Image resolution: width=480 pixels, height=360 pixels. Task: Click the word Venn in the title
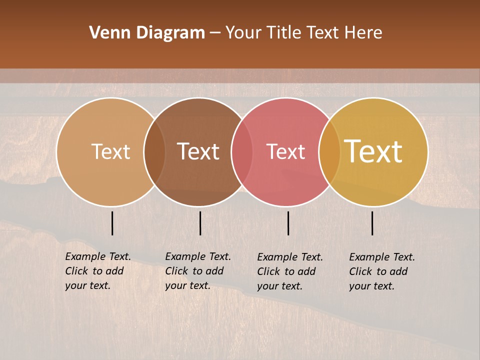pyautogui.click(x=110, y=33)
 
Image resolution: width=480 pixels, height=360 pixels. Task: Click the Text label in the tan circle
pyautogui.click(x=111, y=151)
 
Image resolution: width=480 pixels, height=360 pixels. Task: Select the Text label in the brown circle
pyautogui.click(x=198, y=151)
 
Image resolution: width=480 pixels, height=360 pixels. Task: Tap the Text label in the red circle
pyautogui.click(x=286, y=151)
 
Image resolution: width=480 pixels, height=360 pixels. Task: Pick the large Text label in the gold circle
pyautogui.click(x=373, y=151)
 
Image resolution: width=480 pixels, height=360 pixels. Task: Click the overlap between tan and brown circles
pyautogui.click(x=154, y=151)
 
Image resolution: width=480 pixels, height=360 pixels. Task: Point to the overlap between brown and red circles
pyautogui.click(x=242, y=151)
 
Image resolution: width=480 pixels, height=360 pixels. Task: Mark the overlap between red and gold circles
pyautogui.click(x=329, y=151)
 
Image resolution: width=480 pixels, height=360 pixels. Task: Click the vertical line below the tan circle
pyautogui.click(x=112, y=223)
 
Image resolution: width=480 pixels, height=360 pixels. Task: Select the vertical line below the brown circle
pyautogui.click(x=200, y=223)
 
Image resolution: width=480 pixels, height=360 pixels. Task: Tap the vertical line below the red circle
pyautogui.click(x=288, y=223)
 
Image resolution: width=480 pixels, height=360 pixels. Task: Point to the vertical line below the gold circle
pyautogui.click(x=372, y=223)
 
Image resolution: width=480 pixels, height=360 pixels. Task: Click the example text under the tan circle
pyautogui.click(x=98, y=271)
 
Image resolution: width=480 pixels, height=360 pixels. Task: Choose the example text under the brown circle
pyautogui.click(x=198, y=271)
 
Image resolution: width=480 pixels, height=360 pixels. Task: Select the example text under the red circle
pyautogui.click(x=290, y=271)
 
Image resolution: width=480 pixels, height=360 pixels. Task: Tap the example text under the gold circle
pyautogui.click(x=382, y=271)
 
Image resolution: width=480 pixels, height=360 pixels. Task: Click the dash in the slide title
pyautogui.click(x=215, y=33)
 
